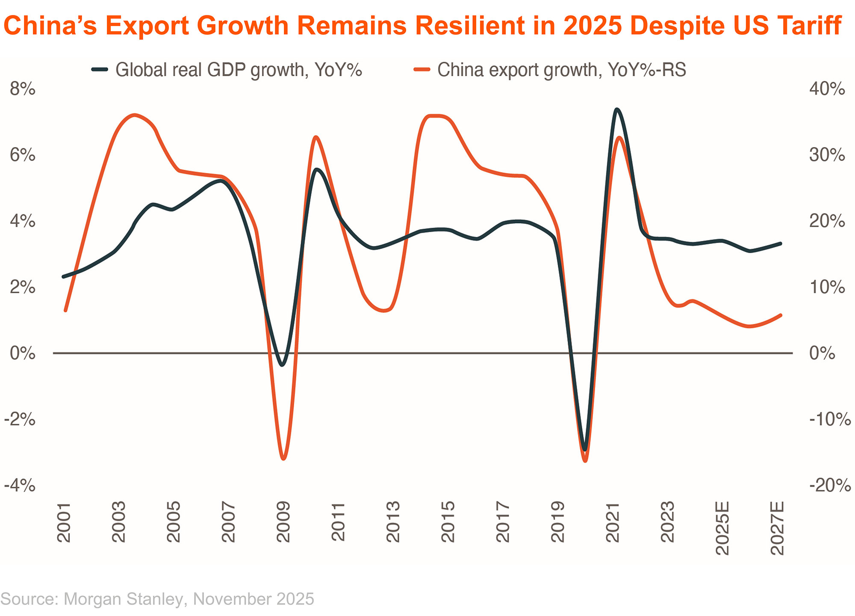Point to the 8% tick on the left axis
coord(23,89)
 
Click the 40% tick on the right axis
coord(827,89)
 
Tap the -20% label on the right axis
coord(829,486)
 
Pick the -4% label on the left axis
coord(20,486)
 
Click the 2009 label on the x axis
coord(283,522)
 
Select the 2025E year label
coord(722,528)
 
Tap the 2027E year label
coord(777,528)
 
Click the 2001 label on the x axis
coord(64,522)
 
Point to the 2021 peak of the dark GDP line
coord(616,110)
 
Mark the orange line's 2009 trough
coord(283,459)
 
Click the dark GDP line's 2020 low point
coord(585,450)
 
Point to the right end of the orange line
coord(781,315)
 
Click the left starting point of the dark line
coord(64,277)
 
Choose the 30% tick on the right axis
coord(827,155)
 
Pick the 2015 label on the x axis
coord(448,522)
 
